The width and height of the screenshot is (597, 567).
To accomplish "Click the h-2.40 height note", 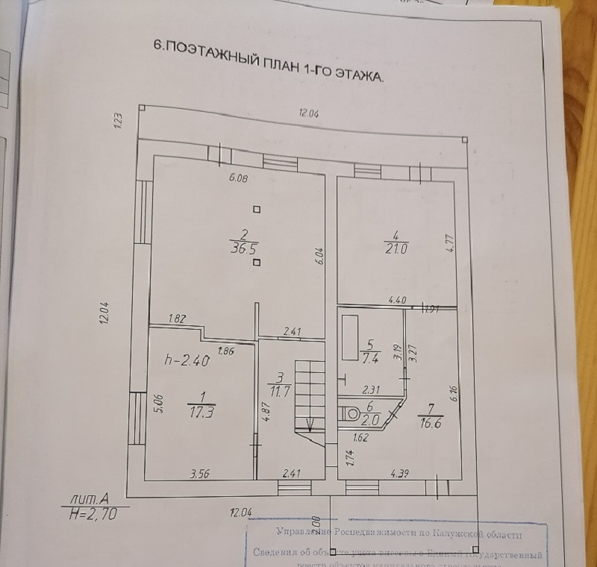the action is [187, 360].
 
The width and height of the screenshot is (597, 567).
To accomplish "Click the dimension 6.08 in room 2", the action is [238, 178].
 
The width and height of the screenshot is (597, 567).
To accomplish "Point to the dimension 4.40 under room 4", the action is [397, 300].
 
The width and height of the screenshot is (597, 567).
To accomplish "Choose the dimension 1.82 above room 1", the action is [177, 319].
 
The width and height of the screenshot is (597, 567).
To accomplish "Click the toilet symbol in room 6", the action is [349, 411].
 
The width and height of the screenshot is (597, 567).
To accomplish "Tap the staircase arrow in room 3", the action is [309, 427].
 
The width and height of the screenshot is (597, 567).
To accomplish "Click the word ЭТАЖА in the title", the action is [357, 73].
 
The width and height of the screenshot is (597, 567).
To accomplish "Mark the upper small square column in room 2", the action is [257, 210].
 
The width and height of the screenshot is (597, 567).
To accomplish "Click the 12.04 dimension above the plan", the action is [308, 113].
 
